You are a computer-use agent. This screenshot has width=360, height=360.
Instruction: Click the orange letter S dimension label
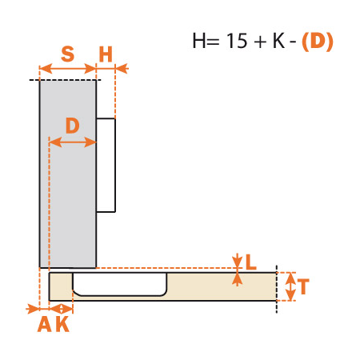coord(67,54)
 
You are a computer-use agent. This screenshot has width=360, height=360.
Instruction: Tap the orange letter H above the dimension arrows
coord(106,54)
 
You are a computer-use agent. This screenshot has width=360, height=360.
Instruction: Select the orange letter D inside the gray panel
coord(73,126)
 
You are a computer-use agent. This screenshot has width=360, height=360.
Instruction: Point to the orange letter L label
coord(250,262)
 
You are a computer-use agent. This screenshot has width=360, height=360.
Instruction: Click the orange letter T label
coord(303,286)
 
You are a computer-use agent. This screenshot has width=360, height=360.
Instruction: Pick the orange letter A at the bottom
coord(45,324)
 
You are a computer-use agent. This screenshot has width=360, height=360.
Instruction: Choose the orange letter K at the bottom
coord(63,324)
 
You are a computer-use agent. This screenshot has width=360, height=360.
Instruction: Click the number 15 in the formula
coord(237,41)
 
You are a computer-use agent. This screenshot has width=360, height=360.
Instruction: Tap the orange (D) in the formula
coord(318,42)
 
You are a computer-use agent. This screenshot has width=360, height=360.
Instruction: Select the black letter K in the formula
coord(278,41)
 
